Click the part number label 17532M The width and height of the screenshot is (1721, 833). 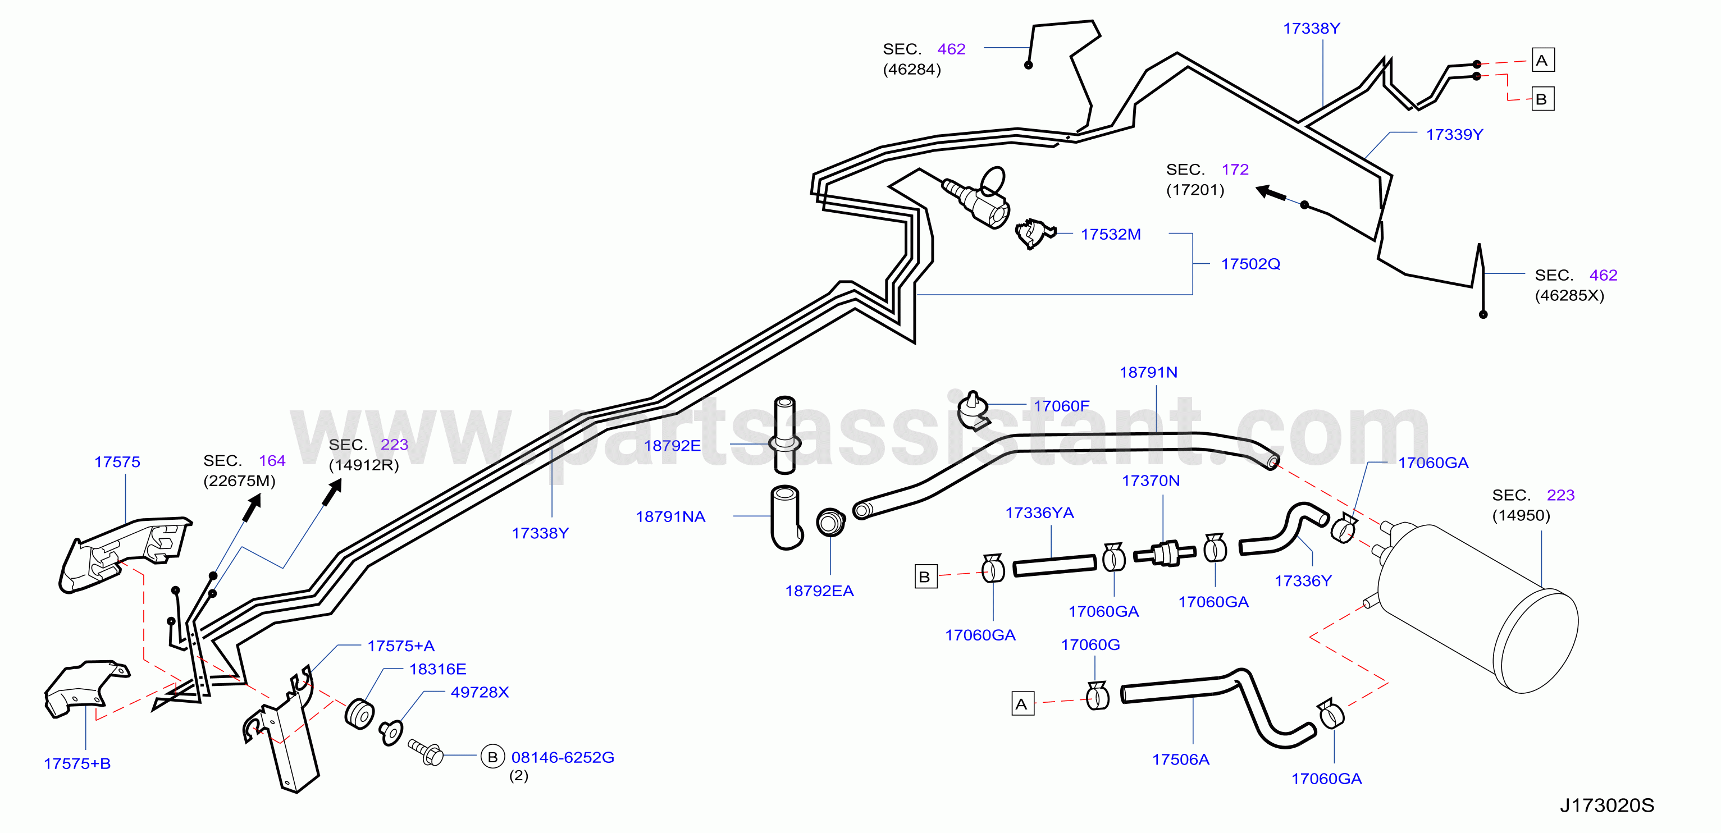tap(1110, 235)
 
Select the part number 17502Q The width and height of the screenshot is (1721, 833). tap(1250, 264)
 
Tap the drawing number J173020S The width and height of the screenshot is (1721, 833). tap(1607, 805)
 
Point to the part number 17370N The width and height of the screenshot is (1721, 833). tap(1151, 480)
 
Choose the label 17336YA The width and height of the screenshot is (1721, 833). tap(1039, 512)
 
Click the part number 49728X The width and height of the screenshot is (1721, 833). tap(480, 692)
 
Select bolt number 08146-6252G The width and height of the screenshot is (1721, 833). tap(563, 758)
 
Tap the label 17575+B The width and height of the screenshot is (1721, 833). tap(77, 763)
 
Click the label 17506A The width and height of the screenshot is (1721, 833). tap(1180, 759)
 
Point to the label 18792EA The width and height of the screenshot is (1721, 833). tap(819, 591)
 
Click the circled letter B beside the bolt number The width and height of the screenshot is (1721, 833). tap(492, 757)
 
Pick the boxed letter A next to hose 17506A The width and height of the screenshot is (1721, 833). tap(1022, 704)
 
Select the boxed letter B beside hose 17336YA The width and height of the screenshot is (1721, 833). tap(925, 576)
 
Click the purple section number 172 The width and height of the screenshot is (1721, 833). tap(1235, 170)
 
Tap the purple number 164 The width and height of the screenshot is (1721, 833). tap(272, 461)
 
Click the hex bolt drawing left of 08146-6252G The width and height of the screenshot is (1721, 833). tap(426, 752)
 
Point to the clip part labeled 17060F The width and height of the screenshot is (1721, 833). tap(972, 410)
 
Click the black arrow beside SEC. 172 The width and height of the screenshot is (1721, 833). tap(1271, 193)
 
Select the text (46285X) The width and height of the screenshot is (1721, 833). tap(1569, 295)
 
